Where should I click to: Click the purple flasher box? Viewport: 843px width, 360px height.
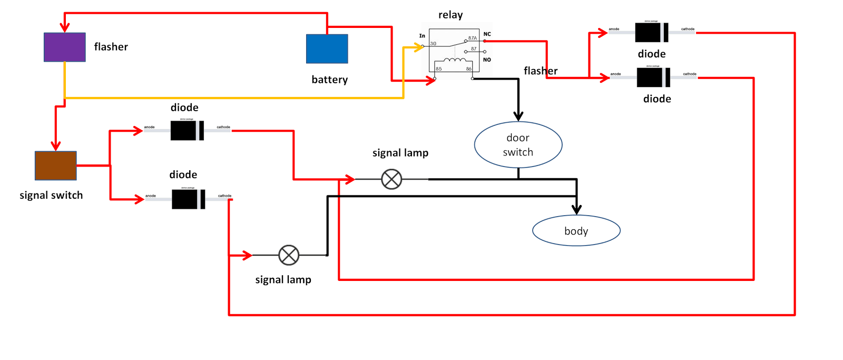coord(64,47)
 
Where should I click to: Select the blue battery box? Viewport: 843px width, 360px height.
coord(327,48)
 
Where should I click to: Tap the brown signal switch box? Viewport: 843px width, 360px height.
coord(55,166)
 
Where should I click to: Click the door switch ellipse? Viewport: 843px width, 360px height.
coord(518,145)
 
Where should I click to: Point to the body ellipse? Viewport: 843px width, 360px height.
coord(576,231)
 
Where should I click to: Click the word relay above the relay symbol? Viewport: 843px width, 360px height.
coord(450,15)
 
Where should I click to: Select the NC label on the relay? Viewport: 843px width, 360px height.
coord(487,34)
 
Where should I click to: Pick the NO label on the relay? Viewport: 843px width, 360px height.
coord(487,60)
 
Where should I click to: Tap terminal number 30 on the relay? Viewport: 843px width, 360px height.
coord(433,44)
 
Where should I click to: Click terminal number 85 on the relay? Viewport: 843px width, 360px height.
coord(439,69)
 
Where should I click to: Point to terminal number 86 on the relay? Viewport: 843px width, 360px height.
coord(468,69)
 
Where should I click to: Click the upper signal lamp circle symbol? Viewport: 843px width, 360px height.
coord(391,179)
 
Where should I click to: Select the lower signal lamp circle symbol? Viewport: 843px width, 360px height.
coord(289,255)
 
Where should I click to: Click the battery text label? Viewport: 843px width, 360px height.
coord(329,80)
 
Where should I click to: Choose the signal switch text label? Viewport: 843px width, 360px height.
coord(51,195)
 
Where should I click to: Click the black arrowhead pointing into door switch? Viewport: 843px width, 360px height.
coord(518,116)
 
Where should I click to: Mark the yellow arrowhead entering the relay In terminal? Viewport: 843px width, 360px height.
coord(419,47)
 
